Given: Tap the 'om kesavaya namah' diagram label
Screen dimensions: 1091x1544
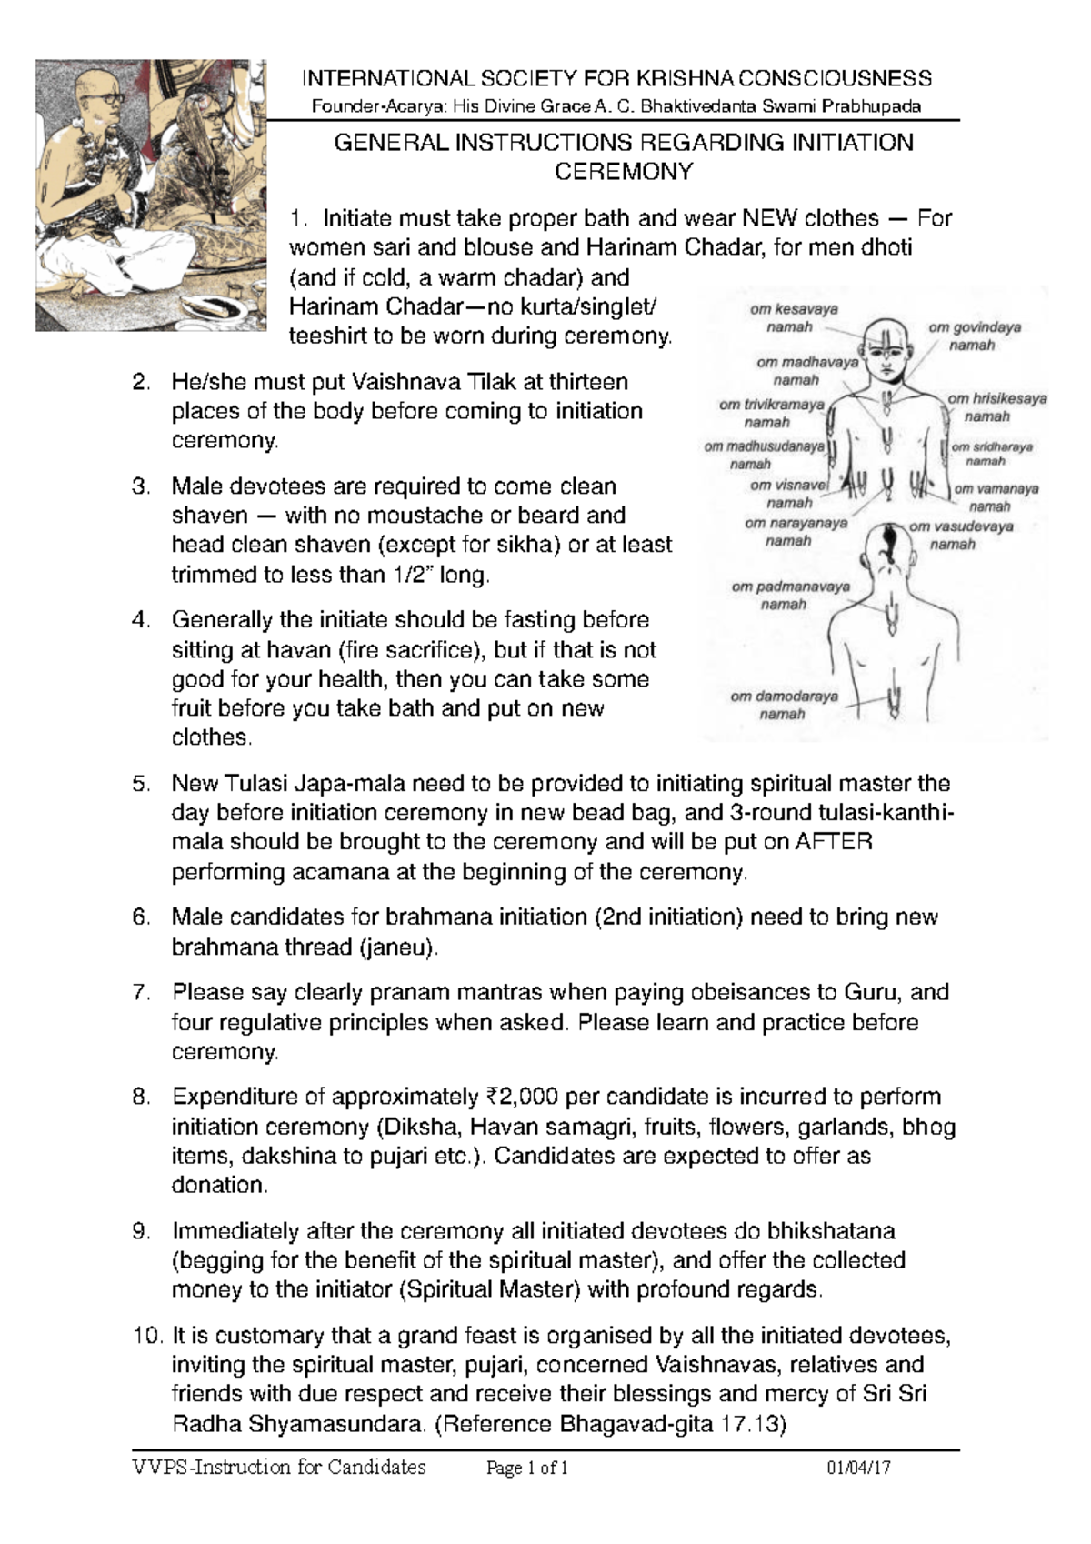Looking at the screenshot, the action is coord(794,317).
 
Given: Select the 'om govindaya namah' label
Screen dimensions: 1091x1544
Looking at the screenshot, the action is coord(973,336).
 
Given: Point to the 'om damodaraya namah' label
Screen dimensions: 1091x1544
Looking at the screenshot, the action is coord(784,705).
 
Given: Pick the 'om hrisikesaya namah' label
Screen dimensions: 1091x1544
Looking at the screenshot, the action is coord(996,407).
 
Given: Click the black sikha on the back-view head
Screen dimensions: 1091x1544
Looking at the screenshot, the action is coord(890,538).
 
